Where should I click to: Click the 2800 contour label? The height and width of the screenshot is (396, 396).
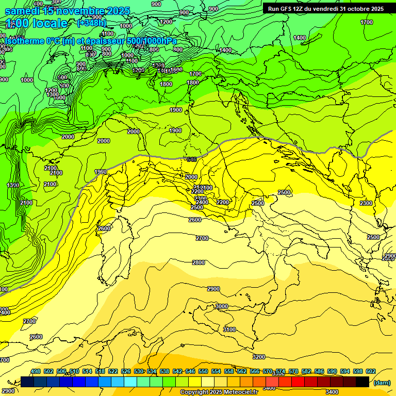pos(199,262)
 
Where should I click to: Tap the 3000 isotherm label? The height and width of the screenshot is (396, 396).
pos(221,306)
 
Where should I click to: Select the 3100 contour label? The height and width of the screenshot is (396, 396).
pos(229,329)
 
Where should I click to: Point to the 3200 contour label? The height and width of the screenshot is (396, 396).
pos(258,357)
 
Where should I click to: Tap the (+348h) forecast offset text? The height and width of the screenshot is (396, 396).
pos(91,23)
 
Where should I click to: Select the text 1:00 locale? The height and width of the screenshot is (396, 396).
pos(37,23)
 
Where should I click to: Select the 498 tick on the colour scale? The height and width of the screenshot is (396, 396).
pos(36,371)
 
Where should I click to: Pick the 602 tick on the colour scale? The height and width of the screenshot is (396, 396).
pos(370,371)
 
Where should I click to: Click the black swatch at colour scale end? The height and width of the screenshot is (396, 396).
pos(362,382)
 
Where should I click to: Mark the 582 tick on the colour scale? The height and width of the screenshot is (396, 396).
pos(306,371)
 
